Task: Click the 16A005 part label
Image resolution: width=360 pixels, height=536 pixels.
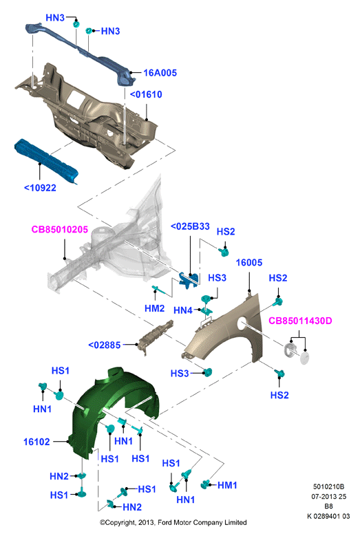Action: pyautogui.click(x=160, y=73)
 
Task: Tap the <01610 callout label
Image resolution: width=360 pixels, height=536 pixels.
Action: pyautogui.click(x=146, y=94)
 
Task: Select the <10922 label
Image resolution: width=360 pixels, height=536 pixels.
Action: pyautogui.click(x=40, y=188)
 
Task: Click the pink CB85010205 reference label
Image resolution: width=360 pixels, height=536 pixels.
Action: pyautogui.click(x=60, y=229)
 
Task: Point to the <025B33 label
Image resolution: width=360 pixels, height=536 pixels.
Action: pyautogui.click(x=190, y=226)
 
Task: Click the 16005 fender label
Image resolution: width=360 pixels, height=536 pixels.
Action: pyautogui.click(x=249, y=263)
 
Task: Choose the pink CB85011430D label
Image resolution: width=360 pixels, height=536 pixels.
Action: pyautogui.click(x=300, y=321)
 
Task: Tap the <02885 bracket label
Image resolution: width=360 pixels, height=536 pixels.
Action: pyautogui.click(x=105, y=345)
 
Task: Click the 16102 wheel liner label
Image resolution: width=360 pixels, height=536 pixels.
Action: pyautogui.click(x=36, y=442)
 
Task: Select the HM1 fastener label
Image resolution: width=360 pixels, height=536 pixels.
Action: pyautogui.click(x=227, y=485)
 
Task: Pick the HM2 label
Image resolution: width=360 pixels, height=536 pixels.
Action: pyautogui.click(x=154, y=309)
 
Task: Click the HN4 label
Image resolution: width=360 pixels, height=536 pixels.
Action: pyautogui.click(x=183, y=310)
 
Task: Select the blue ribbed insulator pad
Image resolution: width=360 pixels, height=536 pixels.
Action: pyautogui.click(x=46, y=161)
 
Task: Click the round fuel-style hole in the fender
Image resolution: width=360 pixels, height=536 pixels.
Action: pyautogui.click(x=242, y=323)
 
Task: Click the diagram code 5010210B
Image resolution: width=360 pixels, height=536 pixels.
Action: pyautogui.click(x=328, y=486)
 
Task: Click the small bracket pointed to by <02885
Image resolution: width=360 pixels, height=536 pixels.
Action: pyautogui.click(x=156, y=336)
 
